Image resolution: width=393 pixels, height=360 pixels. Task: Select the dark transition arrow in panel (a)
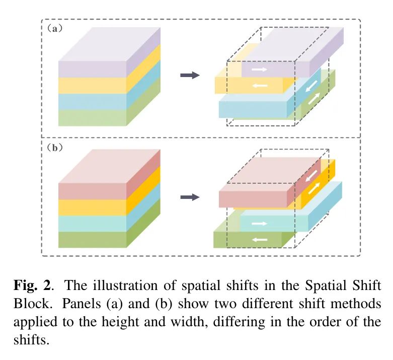(x=190, y=76)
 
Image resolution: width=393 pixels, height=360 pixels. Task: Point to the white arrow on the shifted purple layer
(x=260, y=69)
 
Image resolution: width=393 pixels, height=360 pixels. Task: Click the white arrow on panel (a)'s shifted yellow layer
(x=260, y=86)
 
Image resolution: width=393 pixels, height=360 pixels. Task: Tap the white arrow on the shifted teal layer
(x=260, y=223)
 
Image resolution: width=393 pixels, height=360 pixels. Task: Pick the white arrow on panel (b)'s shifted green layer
(x=260, y=239)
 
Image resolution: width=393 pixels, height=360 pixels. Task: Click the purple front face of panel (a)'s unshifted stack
(x=92, y=69)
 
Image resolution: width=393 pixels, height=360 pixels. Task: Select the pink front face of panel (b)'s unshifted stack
(x=92, y=191)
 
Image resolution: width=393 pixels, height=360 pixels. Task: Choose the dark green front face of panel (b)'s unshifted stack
(x=92, y=240)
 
